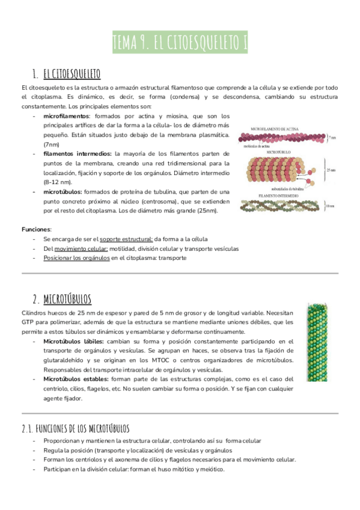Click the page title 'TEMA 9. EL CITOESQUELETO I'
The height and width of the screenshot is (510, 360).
click(180, 42)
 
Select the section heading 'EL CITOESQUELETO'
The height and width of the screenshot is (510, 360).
click(72, 75)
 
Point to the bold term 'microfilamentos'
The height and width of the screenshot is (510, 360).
click(66, 116)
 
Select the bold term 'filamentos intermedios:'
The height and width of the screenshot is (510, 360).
click(78, 155)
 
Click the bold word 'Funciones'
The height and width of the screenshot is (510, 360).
click(36, 229)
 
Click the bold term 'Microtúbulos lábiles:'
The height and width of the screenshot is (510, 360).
click(73, 342)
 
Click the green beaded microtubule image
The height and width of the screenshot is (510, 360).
click(317, 346)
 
